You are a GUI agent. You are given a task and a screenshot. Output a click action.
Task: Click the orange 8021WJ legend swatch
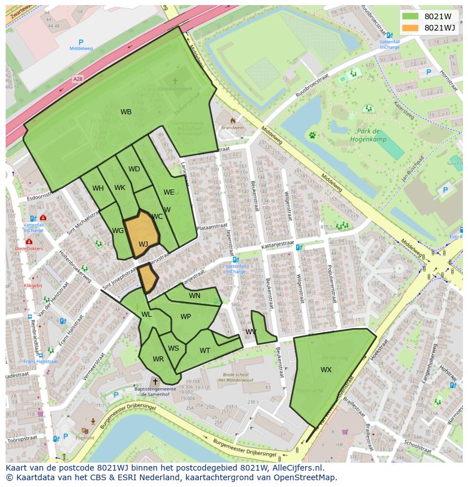point(411,28)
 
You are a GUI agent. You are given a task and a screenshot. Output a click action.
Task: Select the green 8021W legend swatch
point(411,16)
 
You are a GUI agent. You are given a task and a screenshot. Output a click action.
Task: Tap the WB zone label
point(126,112)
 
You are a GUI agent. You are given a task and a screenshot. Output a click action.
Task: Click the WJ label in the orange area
point(143,244)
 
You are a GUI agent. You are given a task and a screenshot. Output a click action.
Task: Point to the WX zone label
point(326,370)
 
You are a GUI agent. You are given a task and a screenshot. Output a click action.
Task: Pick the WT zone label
point(205,351)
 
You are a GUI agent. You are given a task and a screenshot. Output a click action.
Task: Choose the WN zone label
point(194,296)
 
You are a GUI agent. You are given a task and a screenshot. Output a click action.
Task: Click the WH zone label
point(98,188)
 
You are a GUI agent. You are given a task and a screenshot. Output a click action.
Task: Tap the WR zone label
point(158,359)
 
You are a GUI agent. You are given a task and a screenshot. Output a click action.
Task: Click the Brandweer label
point(232,128)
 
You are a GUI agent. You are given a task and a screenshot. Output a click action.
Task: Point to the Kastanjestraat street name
point(278,247)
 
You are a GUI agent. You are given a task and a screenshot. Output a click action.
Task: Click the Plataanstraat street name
point(211,226)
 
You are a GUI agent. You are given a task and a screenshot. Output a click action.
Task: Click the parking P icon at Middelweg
point(81,42)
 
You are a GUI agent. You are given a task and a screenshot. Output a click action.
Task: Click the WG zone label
point(118,231)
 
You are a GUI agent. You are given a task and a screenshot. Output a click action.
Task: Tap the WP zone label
point(185,317)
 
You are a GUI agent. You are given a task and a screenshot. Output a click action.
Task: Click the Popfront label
point(85,437)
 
